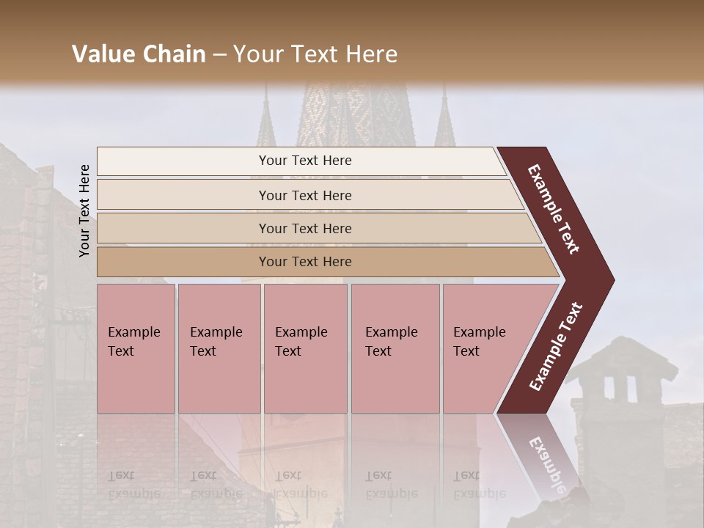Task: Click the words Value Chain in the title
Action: pyautogui.click(x=139, y=54)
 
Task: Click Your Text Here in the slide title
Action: pyautogui.click(x=315, y=54)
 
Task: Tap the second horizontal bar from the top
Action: pyautogui.click(x=304, y=195)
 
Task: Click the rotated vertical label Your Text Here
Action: pyautogui.click(x=84, y=210)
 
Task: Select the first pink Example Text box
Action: pyautogui.click(x=136, y=348)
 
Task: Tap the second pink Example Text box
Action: pyautogui.click(x=219, y=348)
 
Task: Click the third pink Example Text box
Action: pyautogui.click(x=304, y=348)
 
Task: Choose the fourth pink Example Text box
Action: pyautogui.click(x=395, y=348)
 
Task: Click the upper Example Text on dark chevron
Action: pyautogui.click(x=554, y=209)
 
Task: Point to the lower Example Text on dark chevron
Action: pyautogui.click(x=556, y=347)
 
